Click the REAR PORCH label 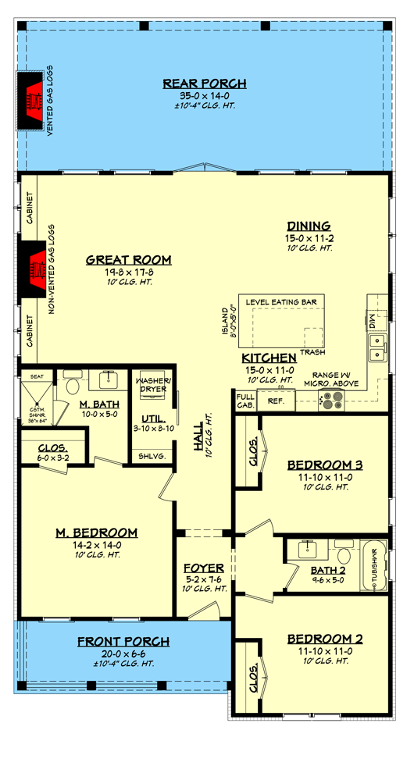205,84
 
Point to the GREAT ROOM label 128,260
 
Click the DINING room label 308,226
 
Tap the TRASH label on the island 314,352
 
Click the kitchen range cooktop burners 332,401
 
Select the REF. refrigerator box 274,401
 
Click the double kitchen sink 377,347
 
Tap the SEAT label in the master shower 35,376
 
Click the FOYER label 204,568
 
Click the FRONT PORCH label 123,642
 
